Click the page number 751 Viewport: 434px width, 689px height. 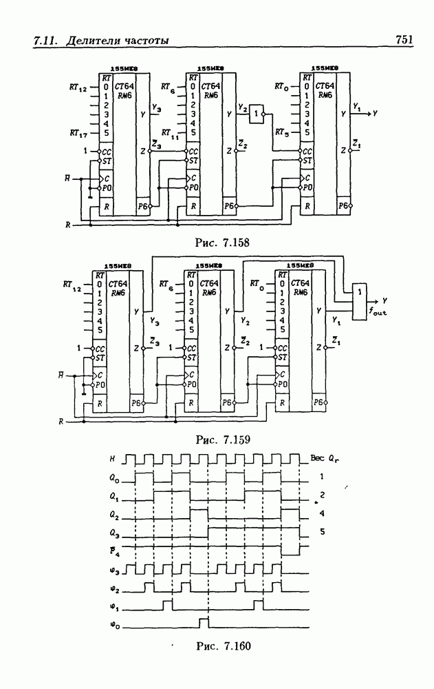404,40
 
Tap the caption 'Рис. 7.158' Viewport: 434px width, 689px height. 223,242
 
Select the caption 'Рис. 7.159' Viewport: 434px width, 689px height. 223,438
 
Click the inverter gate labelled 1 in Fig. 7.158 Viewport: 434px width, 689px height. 257,112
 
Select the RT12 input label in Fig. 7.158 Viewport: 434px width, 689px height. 78,88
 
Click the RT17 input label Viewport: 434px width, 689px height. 78,133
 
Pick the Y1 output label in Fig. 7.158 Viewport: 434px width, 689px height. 358,107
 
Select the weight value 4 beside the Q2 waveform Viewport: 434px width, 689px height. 321,514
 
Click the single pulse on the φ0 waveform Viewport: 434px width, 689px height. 204,623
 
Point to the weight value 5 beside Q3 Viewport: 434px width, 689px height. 321,533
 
